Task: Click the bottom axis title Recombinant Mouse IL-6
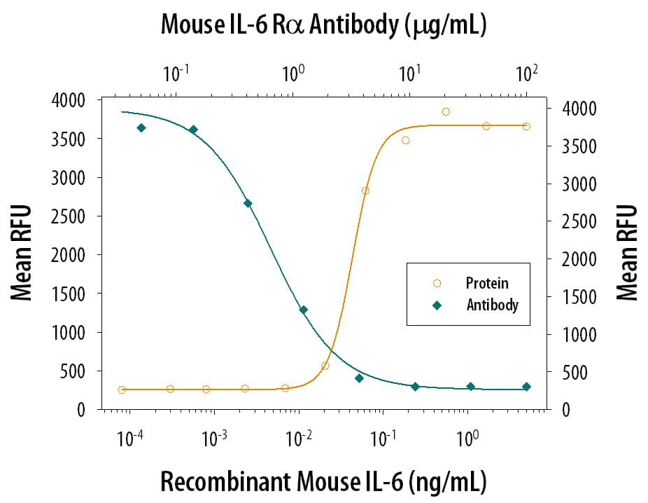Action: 323,482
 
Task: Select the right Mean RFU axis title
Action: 628,253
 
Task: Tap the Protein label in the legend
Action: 487,284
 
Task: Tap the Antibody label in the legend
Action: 492,305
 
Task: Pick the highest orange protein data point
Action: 446,111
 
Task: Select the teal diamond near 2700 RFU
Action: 248,203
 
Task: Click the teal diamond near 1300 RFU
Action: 303,310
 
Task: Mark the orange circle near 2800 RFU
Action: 365,191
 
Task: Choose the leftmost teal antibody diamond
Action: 141,128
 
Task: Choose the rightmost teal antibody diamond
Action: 526,387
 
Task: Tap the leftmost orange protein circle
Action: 122,390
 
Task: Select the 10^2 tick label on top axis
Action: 526,73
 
